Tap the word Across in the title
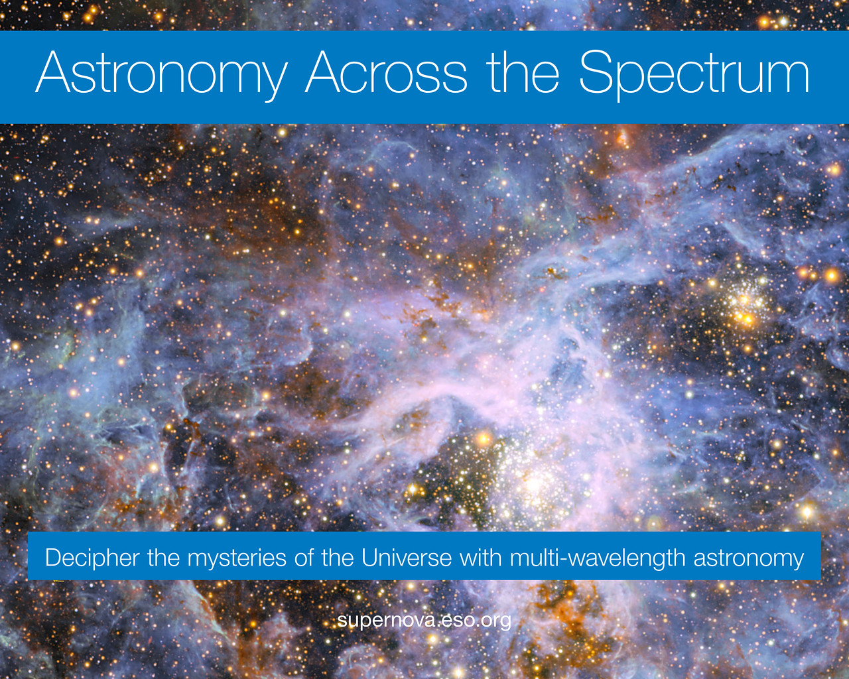[386, 72]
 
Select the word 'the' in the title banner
[523, 72]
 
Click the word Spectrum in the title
[694, 76]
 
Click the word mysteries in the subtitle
[237, 559]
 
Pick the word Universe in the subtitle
[407, 558]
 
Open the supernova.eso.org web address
[424, 621]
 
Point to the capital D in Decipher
[54, 558]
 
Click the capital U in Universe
[369, 558]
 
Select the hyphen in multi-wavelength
[560, 560]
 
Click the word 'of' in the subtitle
[303, 557]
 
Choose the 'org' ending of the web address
[496, 622]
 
